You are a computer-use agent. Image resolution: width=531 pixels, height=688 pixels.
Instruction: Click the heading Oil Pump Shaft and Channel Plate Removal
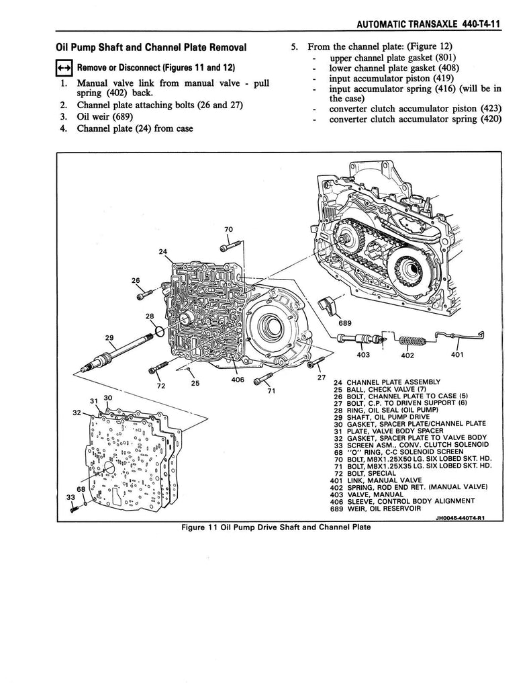point(150,48)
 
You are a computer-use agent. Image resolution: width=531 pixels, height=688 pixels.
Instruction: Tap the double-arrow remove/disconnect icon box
point(64,69)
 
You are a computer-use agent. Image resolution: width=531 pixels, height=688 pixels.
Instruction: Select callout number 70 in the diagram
point(228,230)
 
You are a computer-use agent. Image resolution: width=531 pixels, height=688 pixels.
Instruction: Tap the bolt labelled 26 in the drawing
point(142,295)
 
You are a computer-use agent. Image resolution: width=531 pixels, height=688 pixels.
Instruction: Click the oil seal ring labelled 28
point(158,331)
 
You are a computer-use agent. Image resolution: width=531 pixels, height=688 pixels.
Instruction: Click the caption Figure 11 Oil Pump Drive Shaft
point(276,527)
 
